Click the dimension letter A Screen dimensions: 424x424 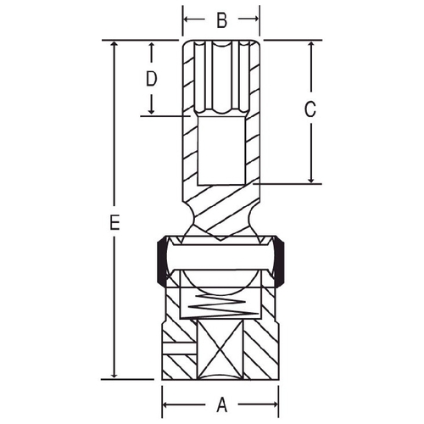(x=222, y=404)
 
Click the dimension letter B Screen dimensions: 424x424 (x=222, y=20)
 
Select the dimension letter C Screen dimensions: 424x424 (x=310, y=109)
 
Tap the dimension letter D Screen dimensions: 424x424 (x=151, y=79)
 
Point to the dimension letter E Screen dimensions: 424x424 (x=114, y=222)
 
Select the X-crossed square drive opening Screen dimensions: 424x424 (x=220, y=350)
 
